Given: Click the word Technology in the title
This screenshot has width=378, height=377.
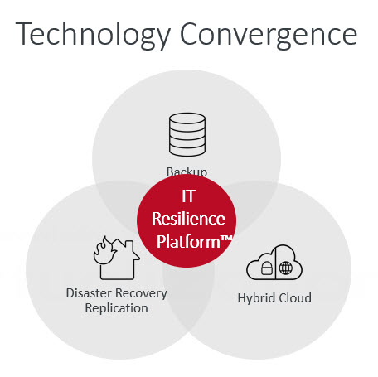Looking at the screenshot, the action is [x=93, y=35].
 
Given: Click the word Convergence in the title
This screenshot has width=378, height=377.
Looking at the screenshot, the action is [x=269, y=35].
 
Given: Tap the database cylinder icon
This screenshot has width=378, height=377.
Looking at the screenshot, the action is [x=187, y=134].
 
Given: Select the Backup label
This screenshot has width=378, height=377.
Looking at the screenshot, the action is [x=187, y=172].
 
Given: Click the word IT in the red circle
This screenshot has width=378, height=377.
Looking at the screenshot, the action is [x=188, y=196].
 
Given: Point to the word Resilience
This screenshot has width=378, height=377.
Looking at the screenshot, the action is [x=188, y=219].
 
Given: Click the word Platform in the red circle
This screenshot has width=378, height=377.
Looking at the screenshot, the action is [x=188, y=242].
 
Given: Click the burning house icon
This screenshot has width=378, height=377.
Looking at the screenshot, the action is [x=117, y=258].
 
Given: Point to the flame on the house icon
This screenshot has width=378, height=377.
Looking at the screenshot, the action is [x=104, y=251].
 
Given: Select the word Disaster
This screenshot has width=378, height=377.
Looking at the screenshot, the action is [x=90, y=293].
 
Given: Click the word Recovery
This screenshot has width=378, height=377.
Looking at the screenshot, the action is [x=141, y=293].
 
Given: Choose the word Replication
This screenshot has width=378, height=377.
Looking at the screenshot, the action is [x=116, y=308].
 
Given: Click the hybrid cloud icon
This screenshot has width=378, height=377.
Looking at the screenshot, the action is [x=274, y=263].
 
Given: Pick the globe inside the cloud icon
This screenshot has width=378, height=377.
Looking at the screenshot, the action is [x=286, y=268].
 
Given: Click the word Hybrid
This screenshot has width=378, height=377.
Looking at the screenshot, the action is [x=256, y=298].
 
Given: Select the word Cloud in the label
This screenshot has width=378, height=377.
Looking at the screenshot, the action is [x=295, y=298].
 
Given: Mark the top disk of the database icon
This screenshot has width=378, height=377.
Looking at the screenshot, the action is [x=187, y=118].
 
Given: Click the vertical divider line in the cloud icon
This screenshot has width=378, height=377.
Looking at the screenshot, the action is [x=275, y=263].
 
